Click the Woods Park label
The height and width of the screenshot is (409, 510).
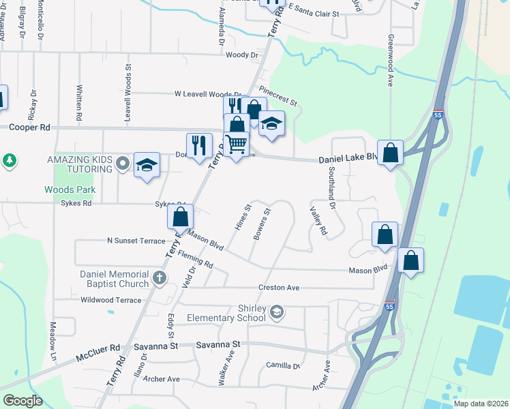[x=70, y=190]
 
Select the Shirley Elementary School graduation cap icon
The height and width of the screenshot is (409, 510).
[x=276, y=313]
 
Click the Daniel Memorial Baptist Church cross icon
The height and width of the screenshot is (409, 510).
[x=159, y=277]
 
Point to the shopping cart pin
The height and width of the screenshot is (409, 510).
[x=236, y=145]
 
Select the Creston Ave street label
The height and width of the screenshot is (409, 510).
[x=278, y=288]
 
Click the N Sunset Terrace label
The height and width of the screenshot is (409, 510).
[x=136, y=241]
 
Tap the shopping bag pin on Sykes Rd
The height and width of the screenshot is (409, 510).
[x=181, y=217]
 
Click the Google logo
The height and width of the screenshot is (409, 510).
[x=22, y=400]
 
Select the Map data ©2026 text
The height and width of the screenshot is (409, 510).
[x=480, y=404]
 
